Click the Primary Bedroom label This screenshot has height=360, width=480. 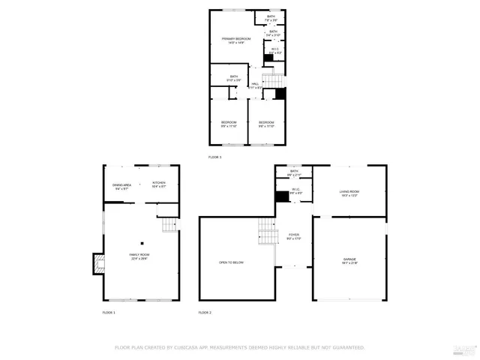[236, 40]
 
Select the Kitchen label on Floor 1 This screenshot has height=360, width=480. [159, 184]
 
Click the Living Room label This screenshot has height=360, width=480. [349, 193]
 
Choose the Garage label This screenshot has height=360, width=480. [349, 260]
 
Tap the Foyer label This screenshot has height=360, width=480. [294, 236]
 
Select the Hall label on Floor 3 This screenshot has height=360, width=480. [255, 85]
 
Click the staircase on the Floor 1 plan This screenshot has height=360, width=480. [170, 223]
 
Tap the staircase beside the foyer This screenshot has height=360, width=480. [266, 232]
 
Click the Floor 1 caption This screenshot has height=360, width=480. [109, 312]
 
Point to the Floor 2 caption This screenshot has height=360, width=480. [205, 312]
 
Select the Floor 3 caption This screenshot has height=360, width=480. [215, 157]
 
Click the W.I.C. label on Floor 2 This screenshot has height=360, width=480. [296, 191]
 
